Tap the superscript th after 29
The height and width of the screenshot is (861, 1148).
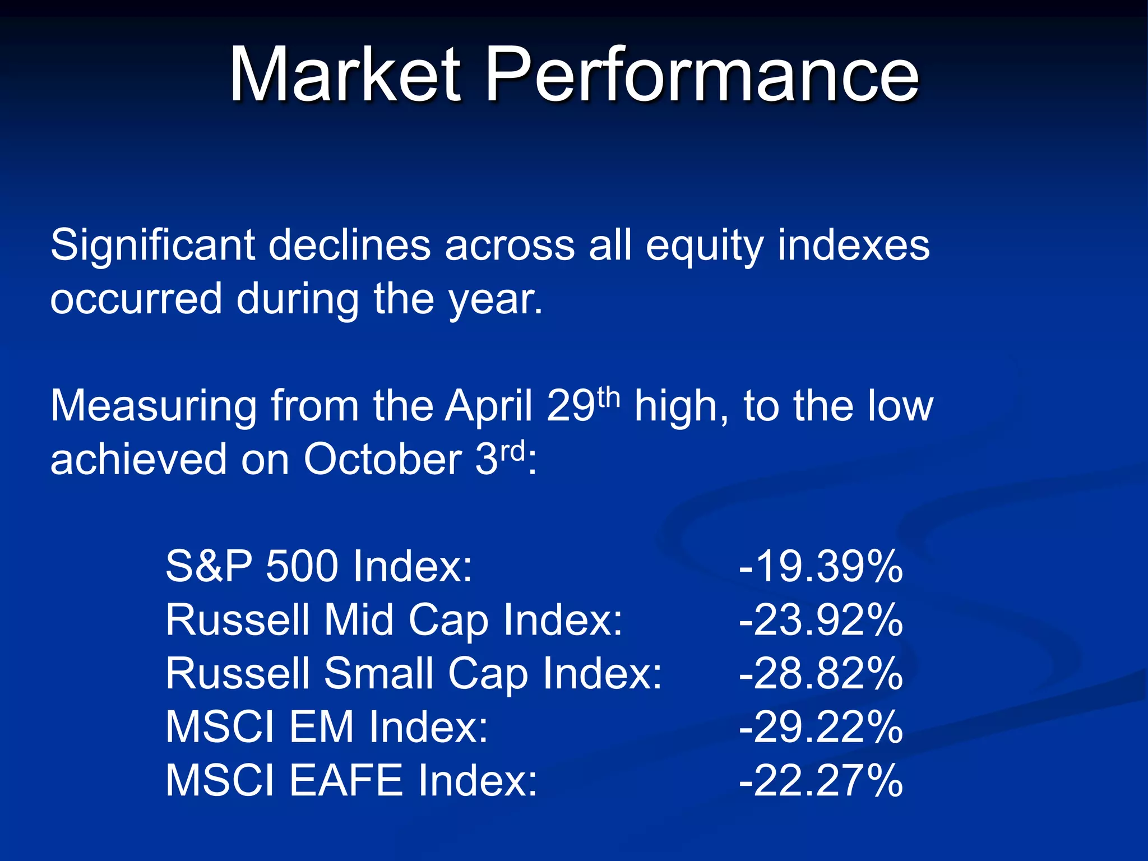pyautogui.click(x=609, y=397)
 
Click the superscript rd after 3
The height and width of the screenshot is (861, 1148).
pyautogui.click(x=512, y=450)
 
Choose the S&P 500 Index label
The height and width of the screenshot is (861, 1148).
pyautogui.click(x=319, y=566)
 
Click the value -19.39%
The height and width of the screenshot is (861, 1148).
pyautogui.click(x=821, y=566)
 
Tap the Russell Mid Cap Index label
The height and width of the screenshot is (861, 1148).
pyautogui.click(x=394, y=620)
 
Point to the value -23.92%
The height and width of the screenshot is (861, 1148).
pyautogui.click(x=821, y=620)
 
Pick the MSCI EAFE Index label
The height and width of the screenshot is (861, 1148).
pyautogui.click(x=351, y=780)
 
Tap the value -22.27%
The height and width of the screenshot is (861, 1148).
pyautogui.click(x=821, y=780)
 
